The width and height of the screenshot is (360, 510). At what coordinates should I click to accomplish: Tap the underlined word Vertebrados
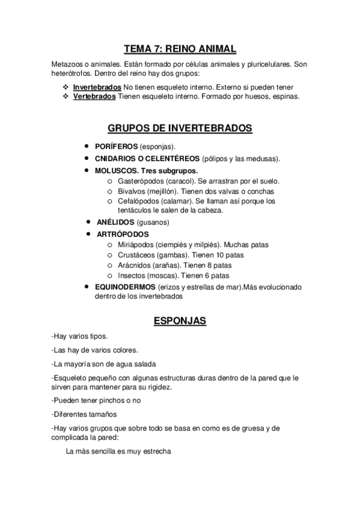94,96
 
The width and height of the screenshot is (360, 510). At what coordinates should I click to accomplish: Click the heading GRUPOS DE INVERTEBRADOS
180,128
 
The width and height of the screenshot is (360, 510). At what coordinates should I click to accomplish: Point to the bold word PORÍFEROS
116,147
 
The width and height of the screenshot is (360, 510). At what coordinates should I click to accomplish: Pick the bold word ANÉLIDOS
116,222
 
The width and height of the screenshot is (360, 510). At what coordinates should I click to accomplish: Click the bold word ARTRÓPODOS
123,234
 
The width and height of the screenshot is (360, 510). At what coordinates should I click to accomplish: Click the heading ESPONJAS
180,321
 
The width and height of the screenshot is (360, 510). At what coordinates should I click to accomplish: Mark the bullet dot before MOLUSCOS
88,170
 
